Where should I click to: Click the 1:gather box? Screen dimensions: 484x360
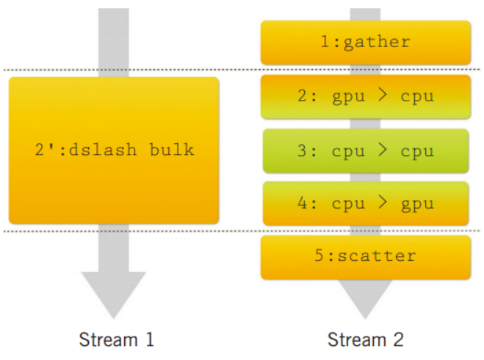(x=366, y=43)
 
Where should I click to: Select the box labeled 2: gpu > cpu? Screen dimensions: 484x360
(x=366, y=97)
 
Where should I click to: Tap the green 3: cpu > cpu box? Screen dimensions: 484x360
(x=366, y=151)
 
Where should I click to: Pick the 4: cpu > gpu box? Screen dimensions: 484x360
(x=366, y=204)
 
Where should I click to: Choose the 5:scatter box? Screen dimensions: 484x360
(x=366, y=257)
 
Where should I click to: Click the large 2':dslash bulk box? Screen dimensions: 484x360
(x=114, y=151)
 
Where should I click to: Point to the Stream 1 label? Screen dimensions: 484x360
(x=116, y=339)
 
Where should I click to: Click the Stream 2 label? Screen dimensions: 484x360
(x=366, y=339)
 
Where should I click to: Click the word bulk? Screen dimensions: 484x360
(x=172, y=150)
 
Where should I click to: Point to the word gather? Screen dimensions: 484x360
(x=377, y=42)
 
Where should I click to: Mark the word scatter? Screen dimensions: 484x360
(x=377, y=256)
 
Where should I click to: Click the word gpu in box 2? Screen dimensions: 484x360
(x=348, y=97)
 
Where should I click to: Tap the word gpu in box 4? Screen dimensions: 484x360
(x=417, y=204)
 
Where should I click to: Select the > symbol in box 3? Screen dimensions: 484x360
(x=383, y=150)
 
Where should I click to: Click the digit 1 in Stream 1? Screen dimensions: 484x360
(x=150, y=339)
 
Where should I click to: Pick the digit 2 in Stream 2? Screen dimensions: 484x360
(x=398, y=339)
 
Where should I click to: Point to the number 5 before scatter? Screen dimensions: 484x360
(x=319, y=256)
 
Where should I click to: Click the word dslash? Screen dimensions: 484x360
(x=103, y=150)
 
